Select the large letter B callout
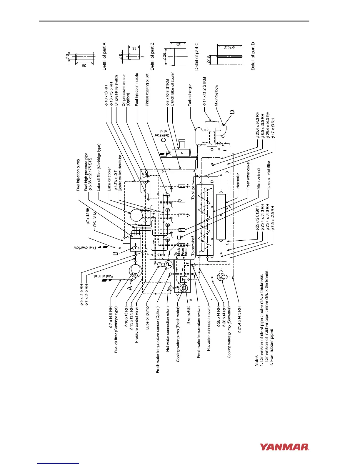(x=116, y=252)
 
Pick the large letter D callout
(x=232, y=112)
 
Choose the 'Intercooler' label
(x=238, y=179)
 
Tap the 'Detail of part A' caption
(x=104, y=56)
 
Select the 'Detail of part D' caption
(x=253, y=56)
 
